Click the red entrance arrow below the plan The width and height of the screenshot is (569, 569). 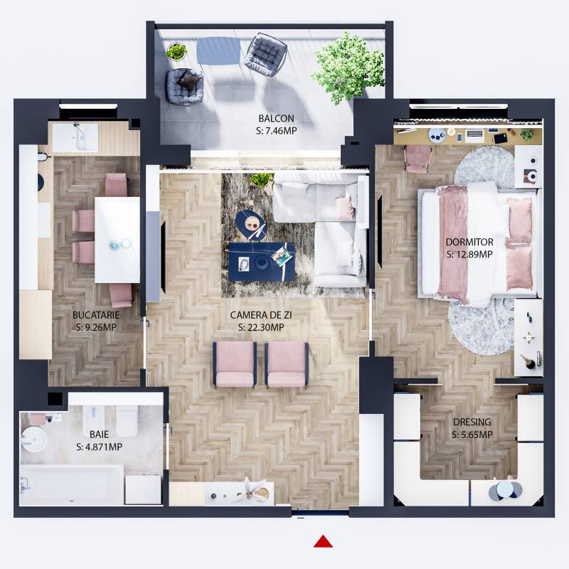tap(324, 542)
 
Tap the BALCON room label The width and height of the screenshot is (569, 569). tap(276, 119)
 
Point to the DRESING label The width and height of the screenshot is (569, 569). tap(472, 422)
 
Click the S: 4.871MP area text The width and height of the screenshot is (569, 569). tap(99, 447)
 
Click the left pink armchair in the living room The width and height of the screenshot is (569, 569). tap(235, 364)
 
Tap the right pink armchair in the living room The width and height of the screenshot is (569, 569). tap(287, 364)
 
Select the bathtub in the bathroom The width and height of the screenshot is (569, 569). tap(71, 485)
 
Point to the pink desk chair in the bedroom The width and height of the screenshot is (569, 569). tap(418, 158)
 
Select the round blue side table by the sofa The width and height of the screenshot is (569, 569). tap(251, 223)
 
